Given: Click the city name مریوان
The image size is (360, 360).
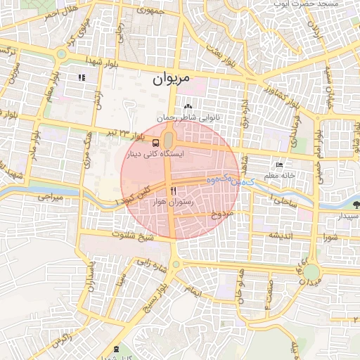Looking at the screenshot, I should click(172, 80).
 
